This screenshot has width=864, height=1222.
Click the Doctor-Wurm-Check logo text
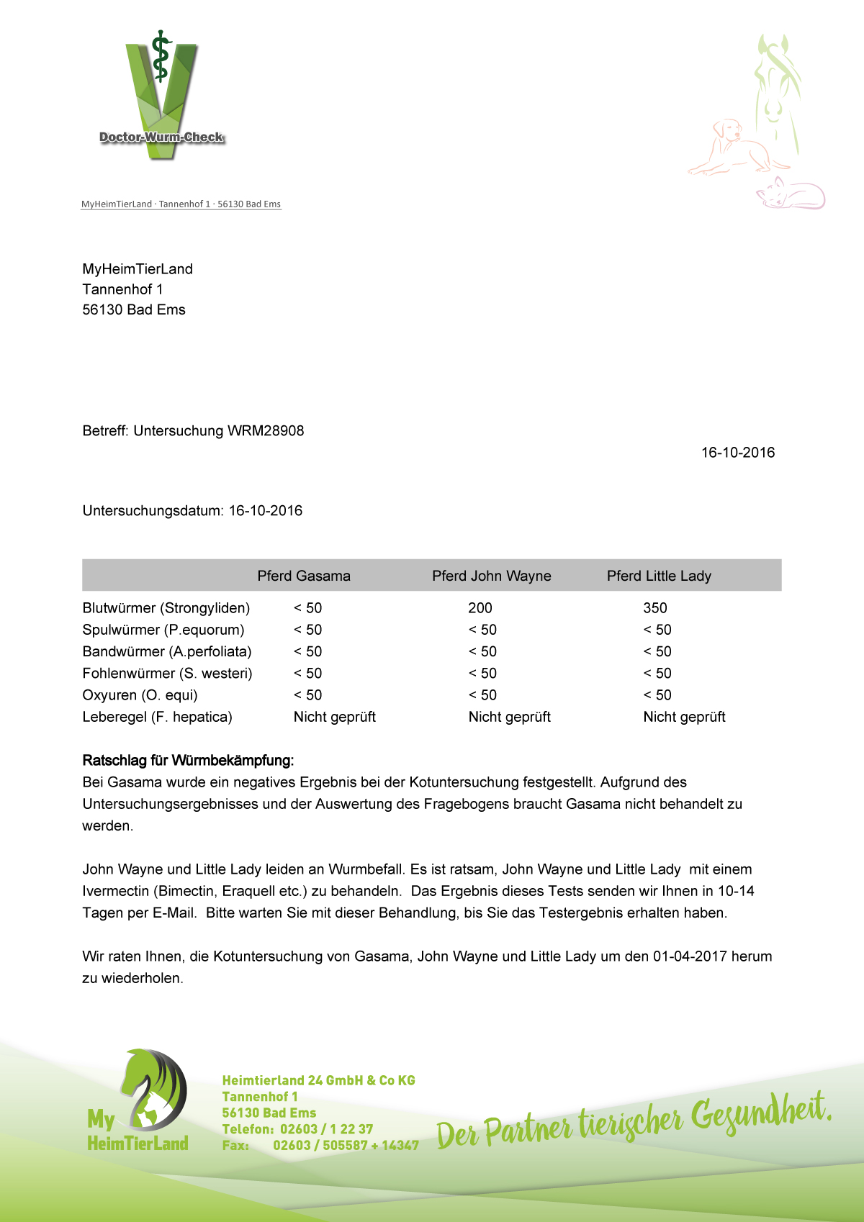[x=161, y=137]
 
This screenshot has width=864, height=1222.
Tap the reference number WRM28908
[x=266, y=431]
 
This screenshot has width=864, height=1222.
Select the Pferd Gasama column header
[x=304, y=576]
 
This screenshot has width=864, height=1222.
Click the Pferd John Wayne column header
[x=491, y=576]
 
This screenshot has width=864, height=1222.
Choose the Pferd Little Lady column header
[x=659, y=576]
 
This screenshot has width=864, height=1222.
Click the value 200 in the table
[x=480, y=608]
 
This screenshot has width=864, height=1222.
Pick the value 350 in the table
[x=655, y=608]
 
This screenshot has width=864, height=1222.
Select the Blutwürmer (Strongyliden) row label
[x=166, y=608]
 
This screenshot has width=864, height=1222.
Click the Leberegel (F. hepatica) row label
[x=158, y=717]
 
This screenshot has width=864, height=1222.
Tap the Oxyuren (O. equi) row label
[x=140, y=695]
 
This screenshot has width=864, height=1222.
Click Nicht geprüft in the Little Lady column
[x=684, y=717]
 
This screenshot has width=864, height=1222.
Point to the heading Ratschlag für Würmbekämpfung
[x=188, y=761]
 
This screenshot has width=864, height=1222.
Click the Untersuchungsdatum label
[x=153, y=511]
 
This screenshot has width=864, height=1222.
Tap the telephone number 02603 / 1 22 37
[x=327, y=1129]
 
